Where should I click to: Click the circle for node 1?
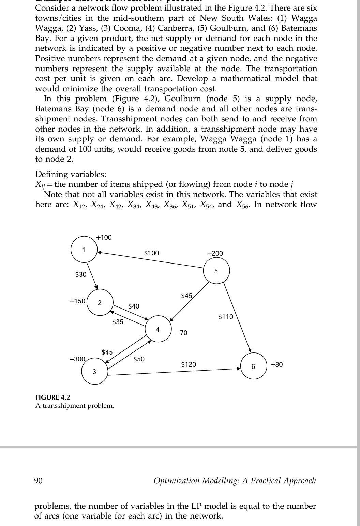pos(84,250)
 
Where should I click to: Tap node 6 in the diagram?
pos(253,366)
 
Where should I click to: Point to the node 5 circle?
pos(216,271)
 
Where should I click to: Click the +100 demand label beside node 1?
pos(104,237)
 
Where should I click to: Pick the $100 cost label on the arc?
pos(151,253)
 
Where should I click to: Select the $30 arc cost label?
pos(81,274)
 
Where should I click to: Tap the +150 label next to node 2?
pos(77,301)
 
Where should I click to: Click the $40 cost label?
pos(134,306)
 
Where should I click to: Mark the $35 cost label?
pos(118,322)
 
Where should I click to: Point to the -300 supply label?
pos(77,359)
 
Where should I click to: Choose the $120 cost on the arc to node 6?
pos(189,364)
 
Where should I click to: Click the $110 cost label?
pos(226,317)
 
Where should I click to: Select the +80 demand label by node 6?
pos(276,364)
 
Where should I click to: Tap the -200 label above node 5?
pos(215,253)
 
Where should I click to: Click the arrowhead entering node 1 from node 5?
pos(99,253)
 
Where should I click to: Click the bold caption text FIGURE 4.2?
pos(53,397)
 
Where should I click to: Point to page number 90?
pos(39,481)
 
